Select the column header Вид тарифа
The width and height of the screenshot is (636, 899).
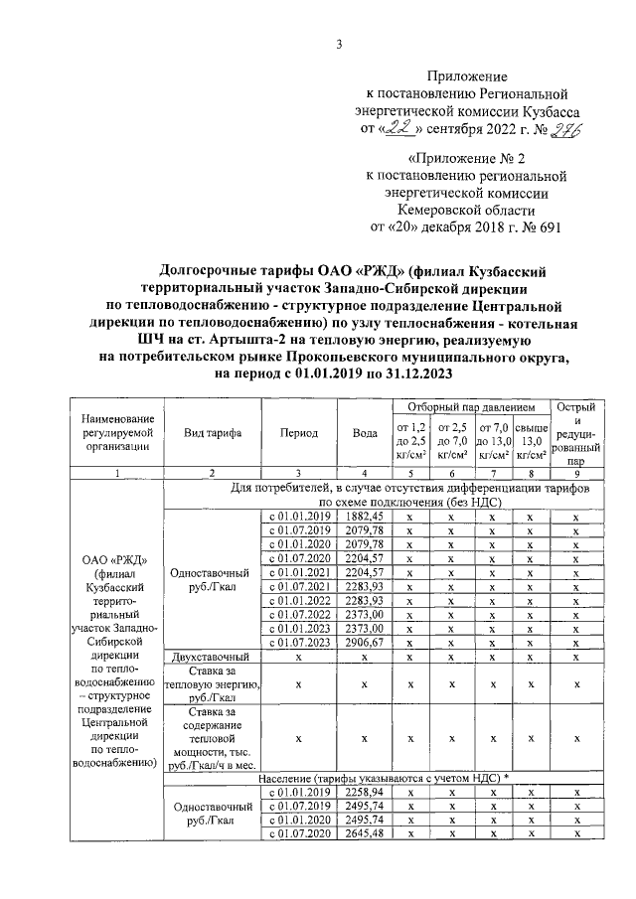point(209,434)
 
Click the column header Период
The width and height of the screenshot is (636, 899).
point(299,434)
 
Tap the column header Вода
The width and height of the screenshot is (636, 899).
point(365,434)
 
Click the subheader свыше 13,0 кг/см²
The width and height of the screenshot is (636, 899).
point(533,440)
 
